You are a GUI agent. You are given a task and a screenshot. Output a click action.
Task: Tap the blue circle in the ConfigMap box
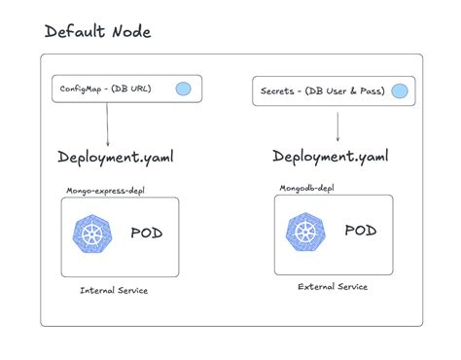(x=182, y=90)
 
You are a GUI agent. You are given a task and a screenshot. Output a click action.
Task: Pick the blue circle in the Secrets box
(x=399, y=93)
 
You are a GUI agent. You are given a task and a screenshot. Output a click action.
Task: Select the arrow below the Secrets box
(x=337, y=127)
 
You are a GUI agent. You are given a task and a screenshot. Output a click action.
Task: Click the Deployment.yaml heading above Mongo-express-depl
(x=116, y=159)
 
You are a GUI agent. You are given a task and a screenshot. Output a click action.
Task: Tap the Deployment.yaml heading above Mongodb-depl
(x=332, y=158)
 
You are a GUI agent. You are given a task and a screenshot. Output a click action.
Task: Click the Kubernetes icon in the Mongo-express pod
(x=94, y=234)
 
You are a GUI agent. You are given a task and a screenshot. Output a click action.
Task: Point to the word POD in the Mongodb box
(x=360, y=232)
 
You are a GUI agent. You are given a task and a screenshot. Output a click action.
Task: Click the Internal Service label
(x=114, y=290)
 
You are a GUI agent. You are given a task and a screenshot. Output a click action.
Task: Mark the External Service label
(x=332, y=288)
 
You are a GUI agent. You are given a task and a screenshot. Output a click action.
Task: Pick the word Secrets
(x=278, y=93)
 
